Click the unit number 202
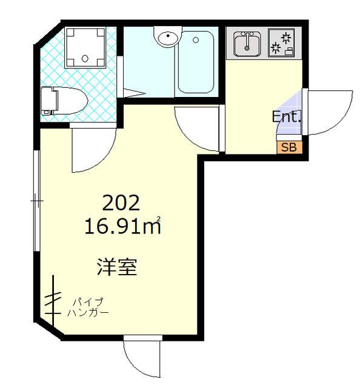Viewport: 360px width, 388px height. pos(122,202)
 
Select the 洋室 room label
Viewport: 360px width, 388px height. pos(117,266)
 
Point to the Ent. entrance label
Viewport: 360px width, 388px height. pos(287,117)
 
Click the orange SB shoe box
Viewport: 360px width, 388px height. pos(288,146)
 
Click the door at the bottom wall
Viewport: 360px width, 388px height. pos(142,358)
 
